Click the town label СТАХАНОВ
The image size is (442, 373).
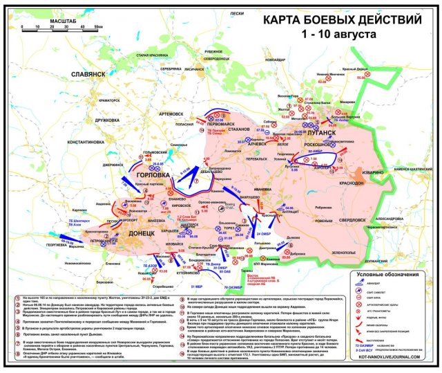(x=238, y=129)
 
